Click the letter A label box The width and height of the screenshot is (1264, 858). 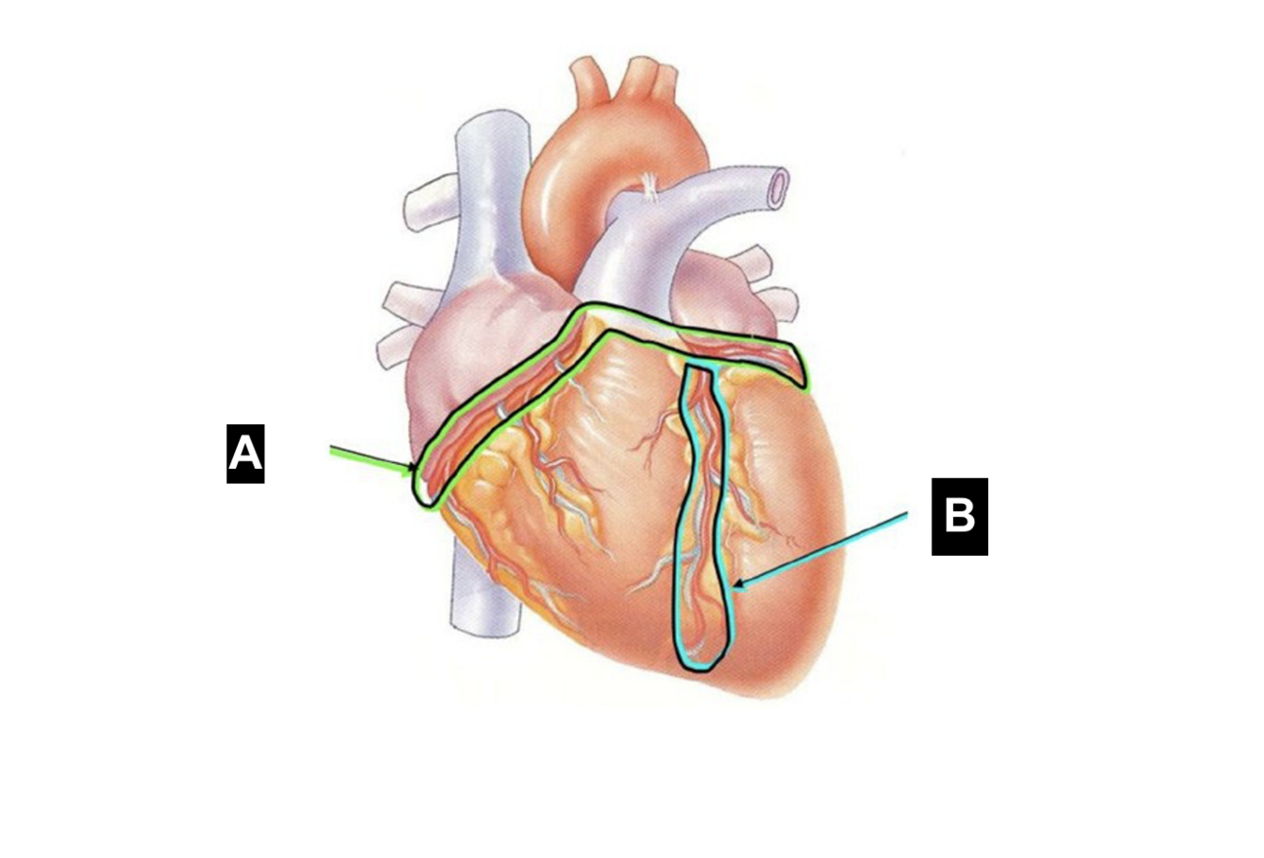click(245, 454)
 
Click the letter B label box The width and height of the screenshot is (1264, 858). click(959, 516)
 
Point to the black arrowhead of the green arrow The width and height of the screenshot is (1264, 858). click(409, 468)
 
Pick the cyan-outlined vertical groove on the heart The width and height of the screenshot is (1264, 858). click(701, 511)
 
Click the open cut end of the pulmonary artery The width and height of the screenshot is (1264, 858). click(779, 187)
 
